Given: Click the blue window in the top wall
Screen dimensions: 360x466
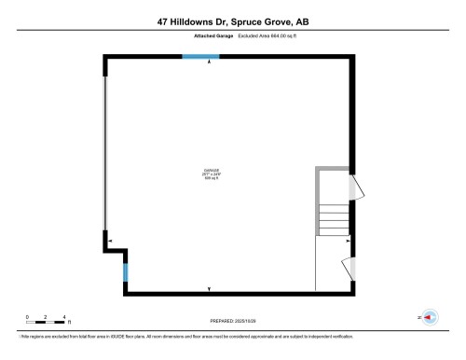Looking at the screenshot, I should pos(200,57).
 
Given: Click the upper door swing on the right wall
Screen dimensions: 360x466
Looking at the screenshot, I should pos(353,188).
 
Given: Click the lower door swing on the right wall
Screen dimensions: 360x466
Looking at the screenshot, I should pos(352,268).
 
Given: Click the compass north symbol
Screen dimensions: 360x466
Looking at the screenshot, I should pos(430,317).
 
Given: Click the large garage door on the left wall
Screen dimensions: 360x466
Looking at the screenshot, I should pos(105,153).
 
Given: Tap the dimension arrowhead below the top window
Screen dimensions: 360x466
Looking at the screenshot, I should pos(209,64).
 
